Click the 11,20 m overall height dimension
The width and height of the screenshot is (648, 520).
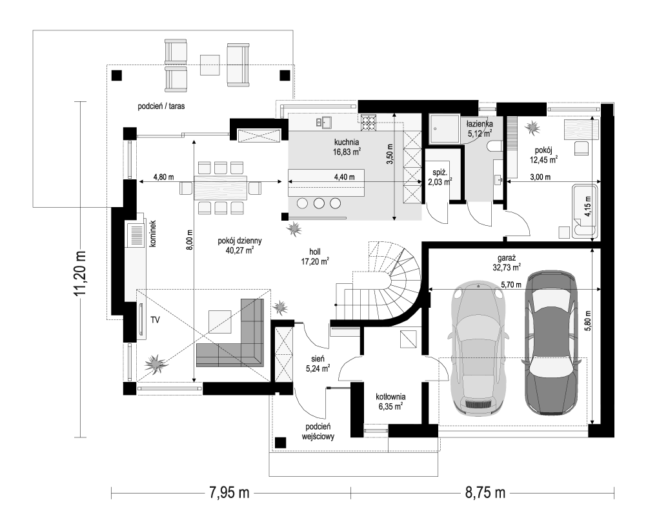coord(80,273)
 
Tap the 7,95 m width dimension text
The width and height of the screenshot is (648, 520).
coord(229,493)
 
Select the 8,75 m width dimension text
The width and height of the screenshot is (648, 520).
coord(485,493)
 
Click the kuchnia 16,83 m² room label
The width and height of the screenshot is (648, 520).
coord(347,147)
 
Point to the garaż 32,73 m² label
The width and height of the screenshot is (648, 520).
coord(506,263)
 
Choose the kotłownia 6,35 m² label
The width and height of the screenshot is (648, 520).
coord(390,401)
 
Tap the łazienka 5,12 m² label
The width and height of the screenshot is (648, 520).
coord(480,128)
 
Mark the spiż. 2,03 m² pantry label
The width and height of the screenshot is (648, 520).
coord(440,177)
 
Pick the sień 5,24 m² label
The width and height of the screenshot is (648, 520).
coord(318,363)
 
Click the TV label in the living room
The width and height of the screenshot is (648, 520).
coord(155,320)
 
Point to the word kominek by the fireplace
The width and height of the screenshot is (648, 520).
coord(153,234)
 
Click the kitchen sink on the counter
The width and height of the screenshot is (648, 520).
coord(323,122)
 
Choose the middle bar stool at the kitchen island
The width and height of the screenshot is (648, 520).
coord(319,203)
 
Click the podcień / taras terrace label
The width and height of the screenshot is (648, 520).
coord(161,106)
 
